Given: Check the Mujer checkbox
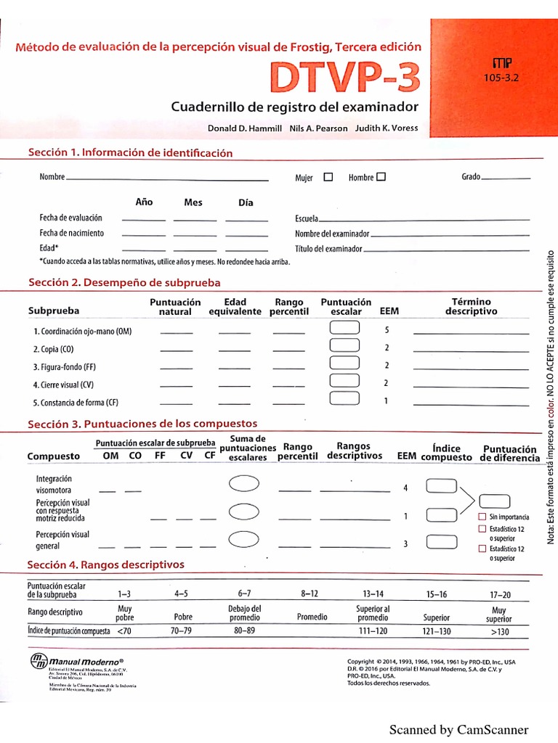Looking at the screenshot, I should tap(328, 176).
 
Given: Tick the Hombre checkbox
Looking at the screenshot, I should tap(381, 176).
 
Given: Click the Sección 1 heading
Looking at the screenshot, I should tap(130, 153).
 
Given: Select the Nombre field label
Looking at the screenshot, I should tap(52, 177).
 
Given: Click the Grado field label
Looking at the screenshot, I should tap(471, 177).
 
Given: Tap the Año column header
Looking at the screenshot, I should tap(144, 202).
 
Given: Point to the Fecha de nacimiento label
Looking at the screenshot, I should tap(71, 233).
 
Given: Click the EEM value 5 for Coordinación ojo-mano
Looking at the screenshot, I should tap(387, 330).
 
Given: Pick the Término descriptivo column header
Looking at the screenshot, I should tap(471, 306).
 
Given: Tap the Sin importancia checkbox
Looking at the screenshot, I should tap(482, 517).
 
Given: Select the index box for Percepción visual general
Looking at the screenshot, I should tap(441, 541).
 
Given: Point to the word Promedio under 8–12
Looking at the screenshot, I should tap(312, 617).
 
